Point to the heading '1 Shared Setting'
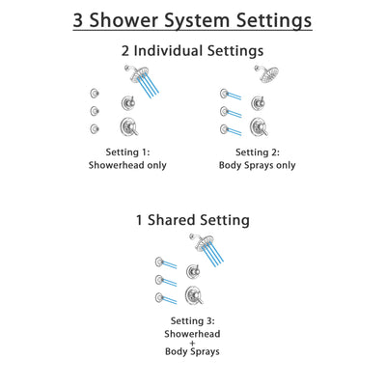pos(193,220)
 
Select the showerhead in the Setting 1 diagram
pos(130,75)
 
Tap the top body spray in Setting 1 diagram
pos(95,94)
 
